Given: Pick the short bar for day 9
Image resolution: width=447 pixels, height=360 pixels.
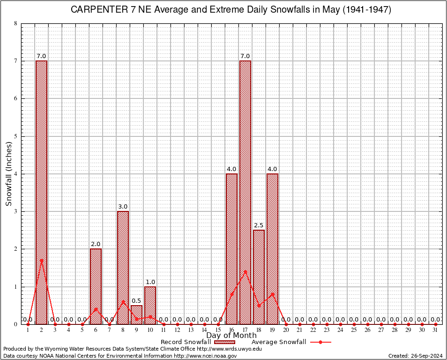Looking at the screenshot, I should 136,315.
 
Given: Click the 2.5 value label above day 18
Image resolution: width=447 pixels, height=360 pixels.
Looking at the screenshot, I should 259,225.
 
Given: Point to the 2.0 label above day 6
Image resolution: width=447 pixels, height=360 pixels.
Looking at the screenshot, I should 96,244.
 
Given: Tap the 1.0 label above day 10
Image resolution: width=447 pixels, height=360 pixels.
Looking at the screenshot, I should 150,282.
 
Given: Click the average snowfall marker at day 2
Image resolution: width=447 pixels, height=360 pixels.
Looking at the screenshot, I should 41,260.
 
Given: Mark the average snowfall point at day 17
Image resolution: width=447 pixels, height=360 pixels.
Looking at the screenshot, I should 245,271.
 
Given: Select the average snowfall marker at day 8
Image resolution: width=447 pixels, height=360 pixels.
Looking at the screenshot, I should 123,301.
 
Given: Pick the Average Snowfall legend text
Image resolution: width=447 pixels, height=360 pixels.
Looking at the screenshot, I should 279,342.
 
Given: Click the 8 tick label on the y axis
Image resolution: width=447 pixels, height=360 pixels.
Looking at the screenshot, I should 15,23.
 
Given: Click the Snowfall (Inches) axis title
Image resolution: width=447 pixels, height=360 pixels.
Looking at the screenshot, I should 8,173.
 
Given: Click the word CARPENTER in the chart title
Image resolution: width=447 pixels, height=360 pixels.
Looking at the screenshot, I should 98,10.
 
